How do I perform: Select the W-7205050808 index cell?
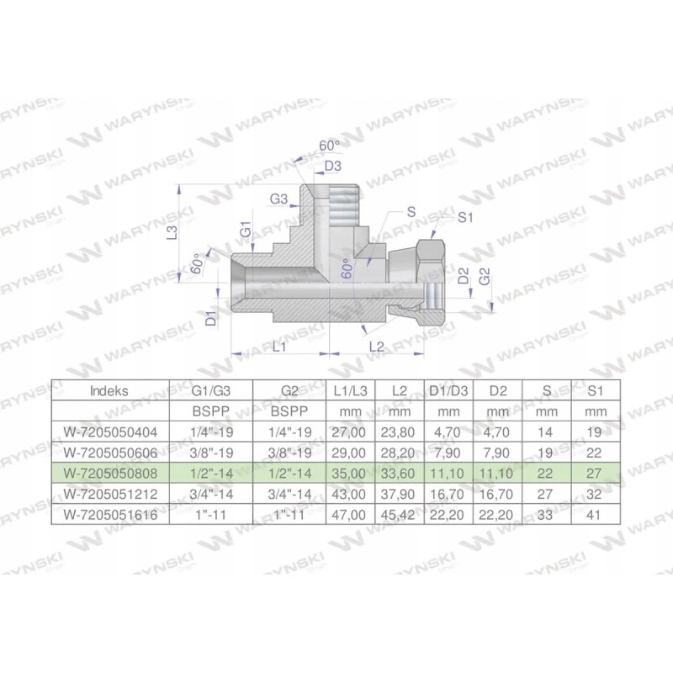click(109, 472)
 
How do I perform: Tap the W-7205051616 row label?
click(109, 512)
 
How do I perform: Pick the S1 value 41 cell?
click(594, 512)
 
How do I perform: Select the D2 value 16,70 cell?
click(499, 492)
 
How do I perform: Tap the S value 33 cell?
click(546, 512)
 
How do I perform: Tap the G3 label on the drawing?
click(279, 199)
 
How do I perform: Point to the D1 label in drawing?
click(212, 317)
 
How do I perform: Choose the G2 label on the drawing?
click(484, 275)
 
